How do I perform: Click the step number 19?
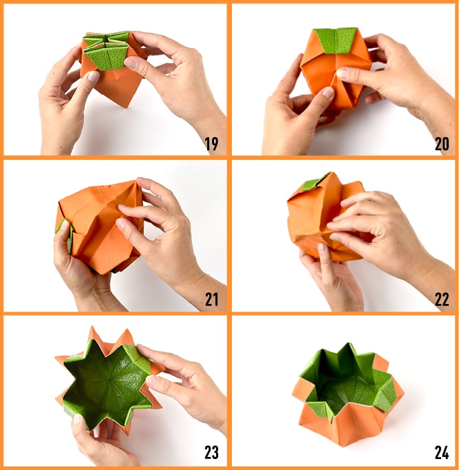[x=211, y=144]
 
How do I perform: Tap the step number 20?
[x=442, y=144]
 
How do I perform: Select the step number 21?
[x=211, y=299]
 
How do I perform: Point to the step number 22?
[x=442, y=299]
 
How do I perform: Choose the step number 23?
[x=211, y=453]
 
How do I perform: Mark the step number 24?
[x=442, y=453]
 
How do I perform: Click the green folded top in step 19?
[x=106, y=50]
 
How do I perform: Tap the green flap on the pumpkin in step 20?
[x=336, y=40]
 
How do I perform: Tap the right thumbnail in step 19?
[x=131, y=64]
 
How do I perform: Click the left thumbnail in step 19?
[x=93, y=77]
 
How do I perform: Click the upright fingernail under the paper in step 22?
[x=322, y=248]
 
